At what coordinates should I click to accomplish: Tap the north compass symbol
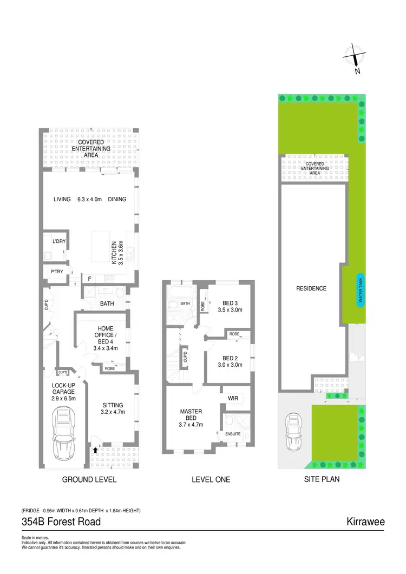click(x=353, y=58)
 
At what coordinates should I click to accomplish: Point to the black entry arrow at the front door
click(x=95, y=450)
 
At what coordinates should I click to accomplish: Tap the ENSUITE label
click(x=233, y=433)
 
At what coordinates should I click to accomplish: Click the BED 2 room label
click(x=230, y=361)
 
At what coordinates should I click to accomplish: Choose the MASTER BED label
click(x=191, y=418)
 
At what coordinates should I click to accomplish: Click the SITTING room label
click(x=113, y=408)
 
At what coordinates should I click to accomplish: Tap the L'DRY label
click(x=59, y=241)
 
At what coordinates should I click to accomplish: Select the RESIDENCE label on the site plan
click(x=311, y=288)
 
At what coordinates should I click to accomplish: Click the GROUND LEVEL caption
click(x=89, y=479)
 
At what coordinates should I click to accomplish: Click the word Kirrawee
click(x=365, y=522)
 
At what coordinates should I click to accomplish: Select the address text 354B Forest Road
click(x=61, y=522)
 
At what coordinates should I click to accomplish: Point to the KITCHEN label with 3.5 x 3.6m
click(x=117, y=252)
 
